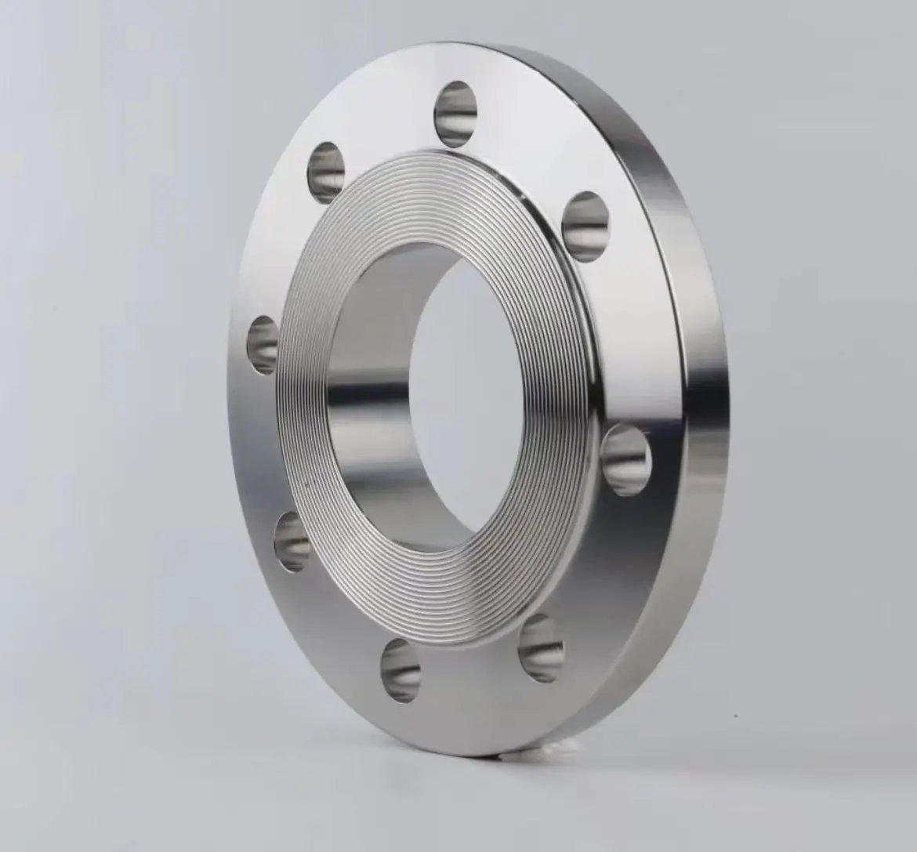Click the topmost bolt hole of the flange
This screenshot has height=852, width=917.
456,114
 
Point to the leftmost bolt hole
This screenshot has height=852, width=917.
264,345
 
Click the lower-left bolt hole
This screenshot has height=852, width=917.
292,542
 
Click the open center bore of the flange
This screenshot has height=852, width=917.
470,392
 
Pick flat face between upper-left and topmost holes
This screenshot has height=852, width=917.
384,129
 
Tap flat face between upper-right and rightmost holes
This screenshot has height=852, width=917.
619,337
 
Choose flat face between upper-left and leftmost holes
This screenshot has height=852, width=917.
282,251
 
